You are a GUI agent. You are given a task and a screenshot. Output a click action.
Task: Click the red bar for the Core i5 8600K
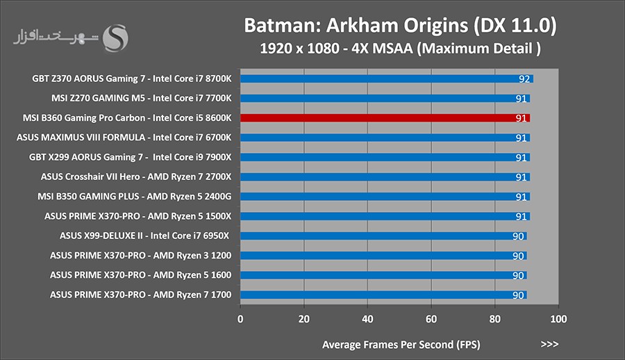385,118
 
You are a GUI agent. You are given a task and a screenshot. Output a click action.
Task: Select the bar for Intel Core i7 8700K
387,79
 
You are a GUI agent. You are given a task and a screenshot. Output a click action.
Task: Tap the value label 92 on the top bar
524,79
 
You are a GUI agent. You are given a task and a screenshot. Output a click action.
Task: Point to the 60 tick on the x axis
431,319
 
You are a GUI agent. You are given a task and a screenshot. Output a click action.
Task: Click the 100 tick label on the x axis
558,319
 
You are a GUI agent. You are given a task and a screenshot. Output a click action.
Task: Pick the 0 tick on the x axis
240,319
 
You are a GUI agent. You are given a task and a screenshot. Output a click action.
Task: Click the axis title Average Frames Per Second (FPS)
401,345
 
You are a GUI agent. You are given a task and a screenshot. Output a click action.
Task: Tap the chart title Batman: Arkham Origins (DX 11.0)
400,25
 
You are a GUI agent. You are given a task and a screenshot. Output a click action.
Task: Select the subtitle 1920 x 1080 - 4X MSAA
336,48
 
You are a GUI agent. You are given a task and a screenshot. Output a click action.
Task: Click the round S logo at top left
115,38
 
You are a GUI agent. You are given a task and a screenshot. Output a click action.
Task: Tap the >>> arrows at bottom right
549,344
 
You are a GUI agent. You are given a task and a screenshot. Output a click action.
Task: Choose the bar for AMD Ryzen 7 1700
383,295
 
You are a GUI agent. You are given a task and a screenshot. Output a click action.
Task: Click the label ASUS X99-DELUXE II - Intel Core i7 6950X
144,236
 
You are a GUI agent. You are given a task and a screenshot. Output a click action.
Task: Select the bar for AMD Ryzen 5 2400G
385,197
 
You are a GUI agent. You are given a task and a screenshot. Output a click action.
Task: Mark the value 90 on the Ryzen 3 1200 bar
518,256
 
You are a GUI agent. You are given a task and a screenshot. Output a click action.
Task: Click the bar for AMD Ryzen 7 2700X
385,177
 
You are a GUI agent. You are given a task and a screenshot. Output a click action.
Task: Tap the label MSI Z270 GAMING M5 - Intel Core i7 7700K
141,98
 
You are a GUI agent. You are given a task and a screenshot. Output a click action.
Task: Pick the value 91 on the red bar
521,118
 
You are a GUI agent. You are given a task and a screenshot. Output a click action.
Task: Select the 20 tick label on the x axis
303,319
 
